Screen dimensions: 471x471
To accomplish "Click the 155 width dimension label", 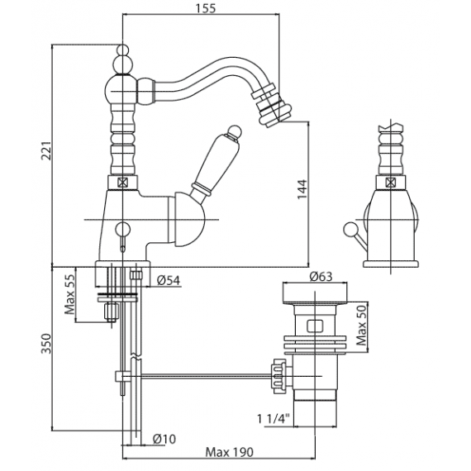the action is pyautogui.click(x=206, y=8).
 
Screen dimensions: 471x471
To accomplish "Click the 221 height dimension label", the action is pyautogui.click(x=47, y=150).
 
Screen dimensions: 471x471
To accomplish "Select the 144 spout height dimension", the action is pyautogui.click(x=302, y=189).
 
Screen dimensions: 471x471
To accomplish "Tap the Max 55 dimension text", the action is pyautogui.click(x=70, y=294).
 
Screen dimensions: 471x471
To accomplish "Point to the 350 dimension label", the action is pyautogui.click(x=47, y=344).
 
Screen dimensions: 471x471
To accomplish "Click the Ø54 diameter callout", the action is pyautogui.click(x=169, y=280).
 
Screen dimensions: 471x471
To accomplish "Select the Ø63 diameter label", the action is pyautogui.click(x=321, y=276).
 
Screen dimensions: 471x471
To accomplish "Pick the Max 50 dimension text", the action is pyautogui.click(x=361, y=326).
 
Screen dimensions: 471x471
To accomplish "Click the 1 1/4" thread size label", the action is pyautogui.click(x=273, y=418).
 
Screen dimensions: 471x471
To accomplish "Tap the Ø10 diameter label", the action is pyautogui.click(x=164, y=439).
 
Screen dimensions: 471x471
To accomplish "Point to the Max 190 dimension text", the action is pyautogui.click(x=230, y=452).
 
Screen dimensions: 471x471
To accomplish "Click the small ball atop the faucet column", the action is pyautogui.click(x=122, y=50).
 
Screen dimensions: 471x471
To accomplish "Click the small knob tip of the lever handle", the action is pyautogui.click(x=235, y=132).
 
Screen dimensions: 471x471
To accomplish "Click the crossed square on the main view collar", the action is pyautogui.click(x=122, y=183).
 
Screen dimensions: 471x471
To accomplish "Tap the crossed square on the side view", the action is pyautogui.click(x=390, y=183).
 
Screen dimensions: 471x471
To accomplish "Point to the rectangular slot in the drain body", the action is pyautogui.click(x=315, y=326).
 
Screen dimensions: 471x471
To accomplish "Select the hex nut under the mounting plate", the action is pyautogui.click(x=111, y=312).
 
